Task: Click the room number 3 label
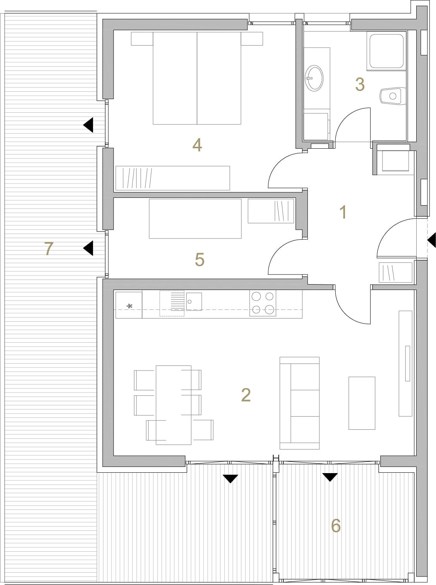click(x=360, y=84)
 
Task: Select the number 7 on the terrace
click(x=49, y=248)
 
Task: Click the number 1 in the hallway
click(x=343, y=212)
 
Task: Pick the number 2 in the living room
click(x=246, y=395)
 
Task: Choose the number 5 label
click(x=200, y=259)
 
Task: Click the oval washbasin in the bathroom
click(x=314, y=78)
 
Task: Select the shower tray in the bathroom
click(x=386, y=51)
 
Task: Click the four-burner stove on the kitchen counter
click(x=263, y=303)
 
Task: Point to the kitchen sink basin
click(x=194, y=302)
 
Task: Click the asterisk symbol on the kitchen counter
click(x=129, y=306)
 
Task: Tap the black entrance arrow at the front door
click(x=432, y=240)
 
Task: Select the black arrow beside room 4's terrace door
click(x=88, y=125)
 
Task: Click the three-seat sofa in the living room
click(x=300, y=403)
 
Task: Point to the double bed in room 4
click(x=197, y=78)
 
